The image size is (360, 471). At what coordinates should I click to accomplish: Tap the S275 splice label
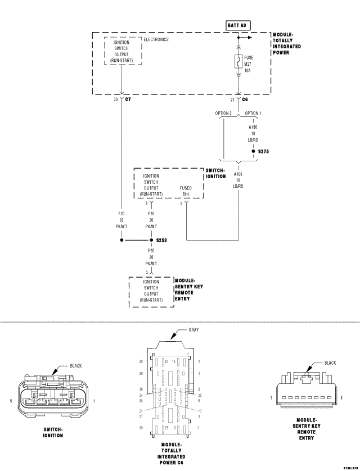click(x=264, y=151)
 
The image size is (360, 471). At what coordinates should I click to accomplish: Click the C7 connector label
click(x=128, y=99)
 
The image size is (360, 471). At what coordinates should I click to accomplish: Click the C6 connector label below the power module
click(x=245, y=99)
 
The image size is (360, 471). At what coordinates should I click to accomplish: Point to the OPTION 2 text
click(x=223, y=113)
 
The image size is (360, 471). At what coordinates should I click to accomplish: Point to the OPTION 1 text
click(x=253, y=113)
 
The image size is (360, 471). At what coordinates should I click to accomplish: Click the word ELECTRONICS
click(x=156, y=40)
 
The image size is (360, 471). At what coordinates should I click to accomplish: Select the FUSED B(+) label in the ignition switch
click(x=186, y=191)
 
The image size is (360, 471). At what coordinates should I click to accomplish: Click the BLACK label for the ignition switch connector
click(x=76, y=365)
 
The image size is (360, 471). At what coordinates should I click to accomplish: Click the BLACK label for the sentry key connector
click(x=330, y=363)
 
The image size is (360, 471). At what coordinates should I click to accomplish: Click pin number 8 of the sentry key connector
click(x=340, y=398)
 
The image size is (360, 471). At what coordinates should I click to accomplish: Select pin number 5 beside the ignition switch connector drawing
click(x=11, y=401)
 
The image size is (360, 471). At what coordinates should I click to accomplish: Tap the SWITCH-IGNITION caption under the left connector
click(x=53, y=432)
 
